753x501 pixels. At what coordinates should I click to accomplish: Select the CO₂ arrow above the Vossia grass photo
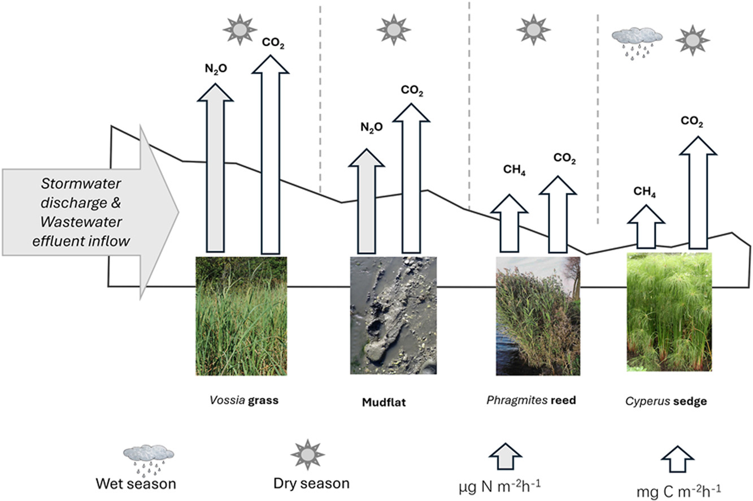click(270, 154)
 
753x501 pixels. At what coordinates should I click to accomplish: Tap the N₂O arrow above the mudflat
click(367, 201)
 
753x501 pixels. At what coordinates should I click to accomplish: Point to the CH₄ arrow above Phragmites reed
click(510, 223)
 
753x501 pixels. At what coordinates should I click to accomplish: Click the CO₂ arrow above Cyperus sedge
click(698, 192)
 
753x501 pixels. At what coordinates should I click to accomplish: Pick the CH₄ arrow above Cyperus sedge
click(646, 227)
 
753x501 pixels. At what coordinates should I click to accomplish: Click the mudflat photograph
click(393, 316)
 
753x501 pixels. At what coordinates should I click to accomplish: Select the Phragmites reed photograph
click(538, 316)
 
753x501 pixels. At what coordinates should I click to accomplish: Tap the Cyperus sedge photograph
click(669, 312)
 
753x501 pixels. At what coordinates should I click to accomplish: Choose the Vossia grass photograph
click(241, 316)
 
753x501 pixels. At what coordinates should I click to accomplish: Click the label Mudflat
click(384, 402)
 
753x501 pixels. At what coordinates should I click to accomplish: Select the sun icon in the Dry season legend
click(308, 455)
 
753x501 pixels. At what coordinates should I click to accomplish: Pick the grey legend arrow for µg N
click(505, 456)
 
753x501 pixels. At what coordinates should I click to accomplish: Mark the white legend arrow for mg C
click(677, 459)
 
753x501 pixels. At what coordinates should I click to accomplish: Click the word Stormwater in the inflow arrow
click(81, 184)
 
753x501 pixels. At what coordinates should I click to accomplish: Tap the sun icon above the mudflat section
click(394, 29)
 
